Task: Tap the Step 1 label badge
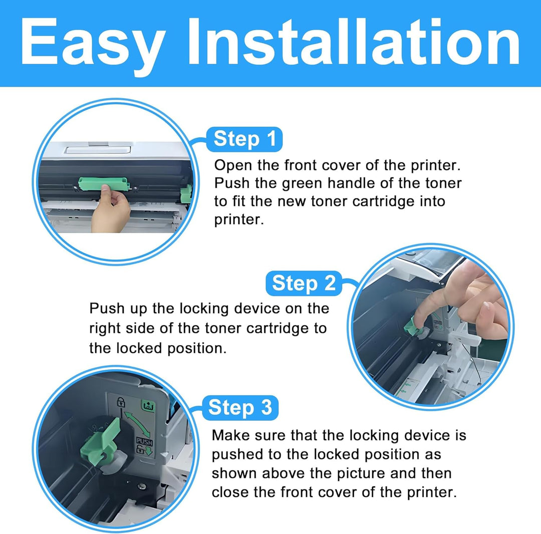[244, 139]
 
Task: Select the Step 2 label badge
[304, 283]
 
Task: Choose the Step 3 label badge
[240, 408]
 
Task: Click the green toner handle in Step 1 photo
[104, 183]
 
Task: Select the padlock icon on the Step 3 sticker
[120, 402]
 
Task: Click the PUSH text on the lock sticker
[144, 441]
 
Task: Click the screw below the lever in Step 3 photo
[142, 486]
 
